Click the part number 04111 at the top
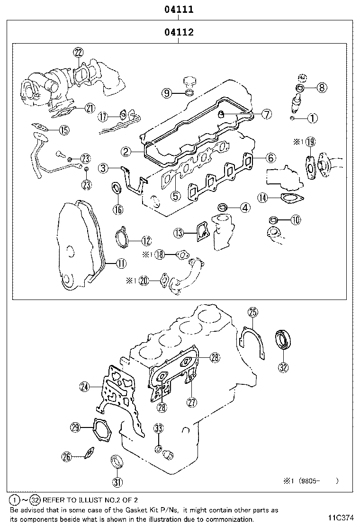click(x=178, y=9)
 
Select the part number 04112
click(x=178, y=33)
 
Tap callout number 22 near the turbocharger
click(x=78, y=53)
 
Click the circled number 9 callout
click(x=167, y=93)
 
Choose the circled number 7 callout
click(x=266, y=114)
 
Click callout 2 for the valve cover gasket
click(x=126, y=152)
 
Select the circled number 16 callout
click(x=117, y=209)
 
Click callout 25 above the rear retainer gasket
click(x=253, y=312)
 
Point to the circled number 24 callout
click(x=84, y=387)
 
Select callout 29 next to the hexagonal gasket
click(x=75, y=427)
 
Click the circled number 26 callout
click(x=66, y=457)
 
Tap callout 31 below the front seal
click(x=117, y=482)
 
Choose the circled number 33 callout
click(x=159, y=429)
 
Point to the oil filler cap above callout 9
click(x=189, y=81)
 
